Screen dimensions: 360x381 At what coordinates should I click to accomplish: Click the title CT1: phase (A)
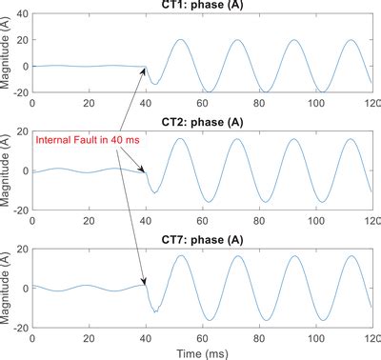(x=202, y=6)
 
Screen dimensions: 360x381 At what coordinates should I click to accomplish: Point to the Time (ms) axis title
(x=201, y=351)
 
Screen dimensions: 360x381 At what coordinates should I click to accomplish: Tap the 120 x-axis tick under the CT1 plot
(x=371, y=100)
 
